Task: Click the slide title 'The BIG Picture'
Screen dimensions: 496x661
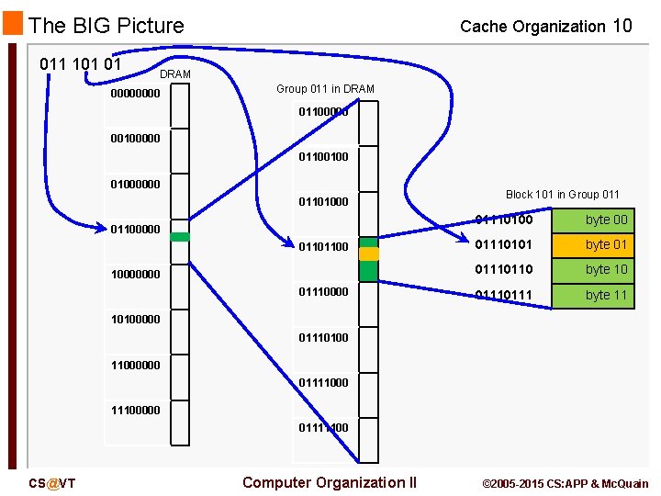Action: tap(106, 26)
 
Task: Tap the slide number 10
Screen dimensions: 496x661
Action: tap(622, 26)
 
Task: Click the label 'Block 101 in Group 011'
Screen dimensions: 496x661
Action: tap(562, 194)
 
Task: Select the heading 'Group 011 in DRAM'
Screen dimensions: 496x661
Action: tap(325, 88)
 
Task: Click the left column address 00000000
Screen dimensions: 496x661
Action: tap(135, 93)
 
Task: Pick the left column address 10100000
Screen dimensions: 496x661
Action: tap(135, 319)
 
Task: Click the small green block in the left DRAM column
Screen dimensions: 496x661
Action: tap(180, 237)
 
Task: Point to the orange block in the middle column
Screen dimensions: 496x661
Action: tap(368, 254)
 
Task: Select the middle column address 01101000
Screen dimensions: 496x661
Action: tap(323, 201)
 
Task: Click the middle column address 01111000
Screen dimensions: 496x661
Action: tap(323, 382)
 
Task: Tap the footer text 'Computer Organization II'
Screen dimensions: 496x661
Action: tap(330, 483)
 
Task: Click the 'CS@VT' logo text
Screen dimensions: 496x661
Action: tap(51, 484)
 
